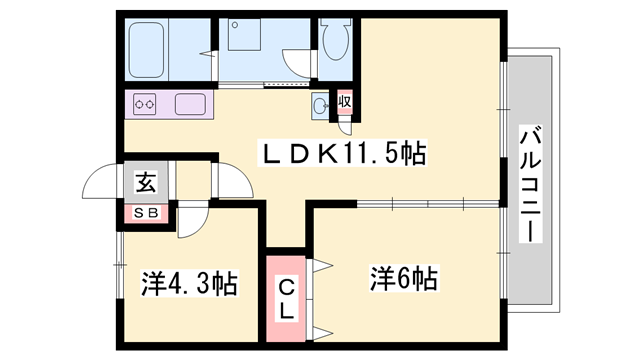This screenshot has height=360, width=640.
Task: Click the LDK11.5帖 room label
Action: tap(342, 153)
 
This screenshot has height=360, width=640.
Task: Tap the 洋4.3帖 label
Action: tap(189, 282)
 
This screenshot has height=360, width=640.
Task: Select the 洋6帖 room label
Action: tap(404, 279)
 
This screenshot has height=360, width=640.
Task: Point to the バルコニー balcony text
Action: tap(531, 184)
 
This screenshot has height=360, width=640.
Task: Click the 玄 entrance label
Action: tap(146, 182)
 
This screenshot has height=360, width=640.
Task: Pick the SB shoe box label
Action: tap(146, 213)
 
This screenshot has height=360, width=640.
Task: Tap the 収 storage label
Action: tap(345, 101)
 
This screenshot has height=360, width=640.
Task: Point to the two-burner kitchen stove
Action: tap(144, 104)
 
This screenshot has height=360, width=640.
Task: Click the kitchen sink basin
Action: tap(190, 104)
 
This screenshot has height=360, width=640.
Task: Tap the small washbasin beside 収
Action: tap(320, 106)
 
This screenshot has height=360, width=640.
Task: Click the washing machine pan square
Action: tap(244, 34)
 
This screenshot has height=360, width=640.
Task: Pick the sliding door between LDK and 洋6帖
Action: tap(428, 204)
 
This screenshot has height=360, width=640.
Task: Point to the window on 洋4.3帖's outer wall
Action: tap(120, 265)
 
